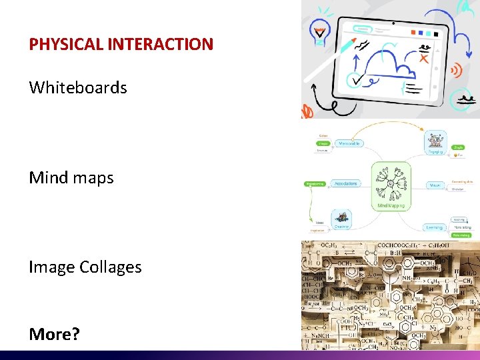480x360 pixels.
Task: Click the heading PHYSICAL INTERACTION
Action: [x=121, y=45]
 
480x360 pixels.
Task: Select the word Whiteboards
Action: [x=78, y=87]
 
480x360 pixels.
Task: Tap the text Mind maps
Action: [x=71, y=177]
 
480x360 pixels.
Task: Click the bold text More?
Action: [x=54, y=315]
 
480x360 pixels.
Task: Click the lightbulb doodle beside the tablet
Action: [x=319, y=33]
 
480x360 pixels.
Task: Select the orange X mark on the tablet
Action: [x=423, y=59]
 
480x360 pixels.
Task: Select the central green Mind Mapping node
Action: [x=391, y=187]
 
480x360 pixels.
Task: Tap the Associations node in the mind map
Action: [x=345, y=183]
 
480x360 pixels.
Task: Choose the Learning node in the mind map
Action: [x=435, y=227]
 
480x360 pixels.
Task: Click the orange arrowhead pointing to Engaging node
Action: [x=423, y=129]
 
